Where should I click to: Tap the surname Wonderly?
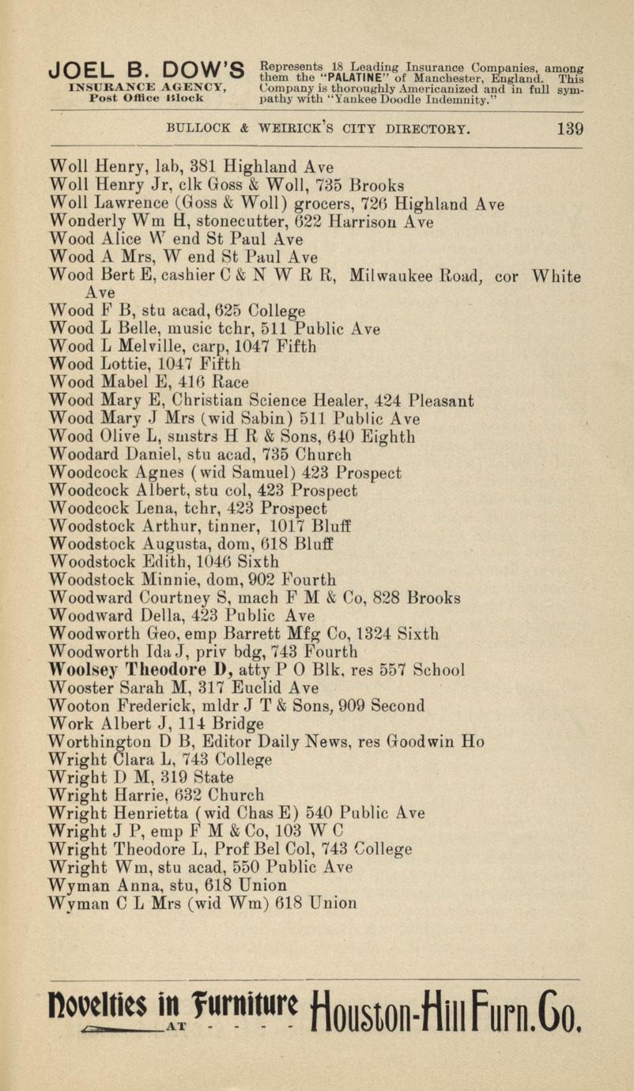point(84,223)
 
